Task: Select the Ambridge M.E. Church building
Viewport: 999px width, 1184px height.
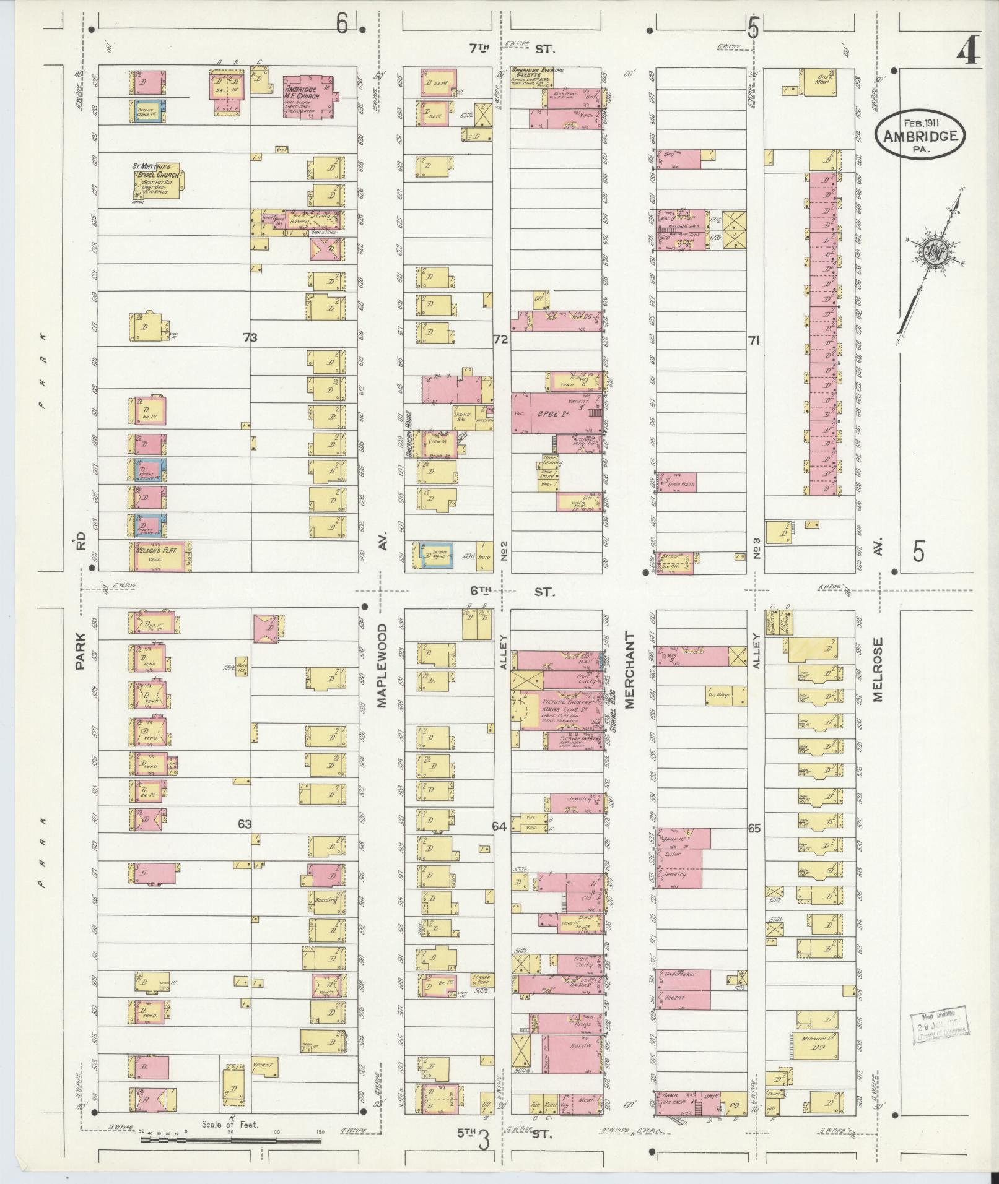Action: point(308,94)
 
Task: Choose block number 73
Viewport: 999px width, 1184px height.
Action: point(250,337)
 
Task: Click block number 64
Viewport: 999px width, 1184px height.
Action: point(499,825)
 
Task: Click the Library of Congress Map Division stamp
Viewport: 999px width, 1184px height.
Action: point(938,1029)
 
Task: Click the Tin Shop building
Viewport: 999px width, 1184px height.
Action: point(718,695)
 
